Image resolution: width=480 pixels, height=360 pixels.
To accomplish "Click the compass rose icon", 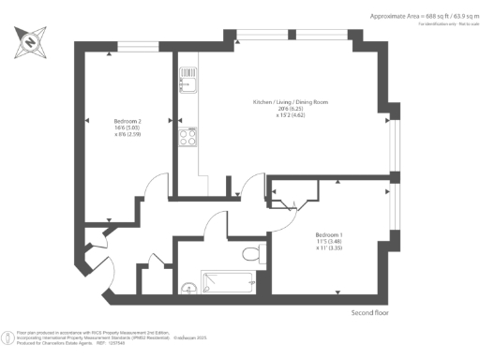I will (30, 42).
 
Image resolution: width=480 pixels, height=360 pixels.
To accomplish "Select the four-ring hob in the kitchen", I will (186, 135).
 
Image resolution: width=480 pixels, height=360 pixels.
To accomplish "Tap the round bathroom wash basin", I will (187, 288).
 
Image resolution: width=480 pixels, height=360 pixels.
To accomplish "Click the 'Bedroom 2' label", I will (127, 121).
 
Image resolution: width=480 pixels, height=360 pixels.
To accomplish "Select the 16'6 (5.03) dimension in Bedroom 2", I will (127, 128).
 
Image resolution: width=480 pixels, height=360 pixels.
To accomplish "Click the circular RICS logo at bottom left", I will (8, 335).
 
